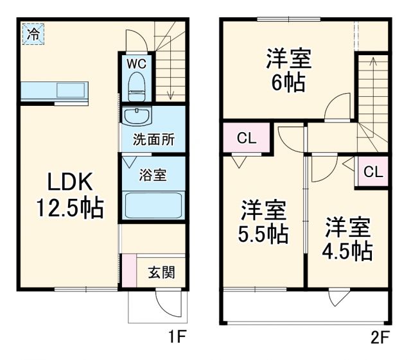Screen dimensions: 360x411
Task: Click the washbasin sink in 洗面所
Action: click(x=137, y=117)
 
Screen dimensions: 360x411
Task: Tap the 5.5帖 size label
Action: click(x=263, y=235)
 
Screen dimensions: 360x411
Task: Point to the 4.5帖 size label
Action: click(x=347, y=250)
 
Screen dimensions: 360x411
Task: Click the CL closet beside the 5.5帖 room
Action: click(x=245, y=138)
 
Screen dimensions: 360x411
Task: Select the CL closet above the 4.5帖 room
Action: click(x=373, y=171)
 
